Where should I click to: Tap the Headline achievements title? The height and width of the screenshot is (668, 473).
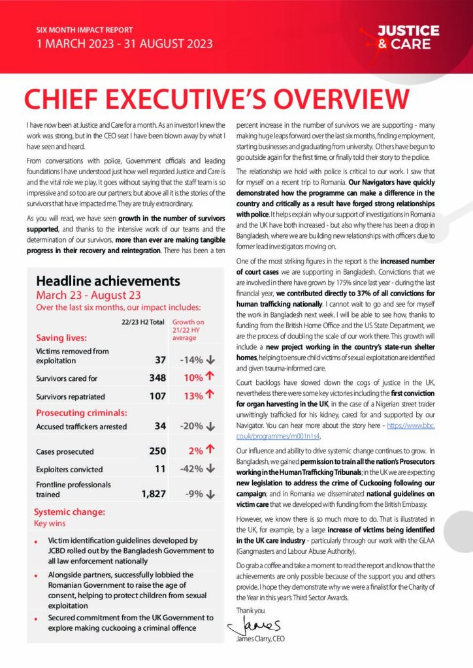coord(108,281)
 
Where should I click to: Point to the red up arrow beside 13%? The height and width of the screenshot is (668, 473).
coord(210,395)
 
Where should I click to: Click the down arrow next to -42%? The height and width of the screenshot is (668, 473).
coord(210,469)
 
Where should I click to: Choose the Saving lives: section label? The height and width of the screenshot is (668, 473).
coord(61,338)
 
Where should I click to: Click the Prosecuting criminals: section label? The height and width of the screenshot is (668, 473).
coord(81,412)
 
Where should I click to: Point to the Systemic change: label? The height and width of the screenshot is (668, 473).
coord(69,512)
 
